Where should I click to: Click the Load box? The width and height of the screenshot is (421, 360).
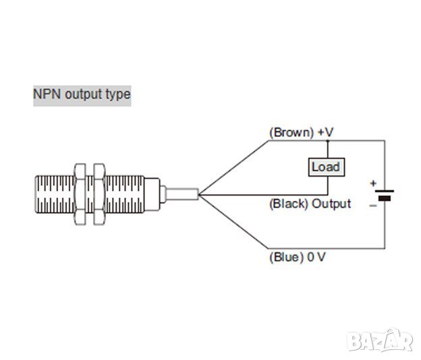[325, 166]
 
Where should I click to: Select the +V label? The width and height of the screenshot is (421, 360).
[325, 133]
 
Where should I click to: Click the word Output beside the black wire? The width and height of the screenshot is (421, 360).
[331, 204]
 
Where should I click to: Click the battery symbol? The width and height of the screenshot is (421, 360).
[385, 196]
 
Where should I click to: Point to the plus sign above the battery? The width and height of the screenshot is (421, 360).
[372, 183]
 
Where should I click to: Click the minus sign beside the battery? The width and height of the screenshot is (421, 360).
[372, 204]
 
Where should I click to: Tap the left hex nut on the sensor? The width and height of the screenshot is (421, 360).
[82, 195]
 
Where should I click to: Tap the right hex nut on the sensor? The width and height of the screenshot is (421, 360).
[101, 195]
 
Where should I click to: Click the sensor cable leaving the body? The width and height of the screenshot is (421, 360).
[179, 194]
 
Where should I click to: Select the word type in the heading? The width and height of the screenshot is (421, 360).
[117, 94]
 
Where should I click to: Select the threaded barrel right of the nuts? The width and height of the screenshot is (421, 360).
[128, 195]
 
